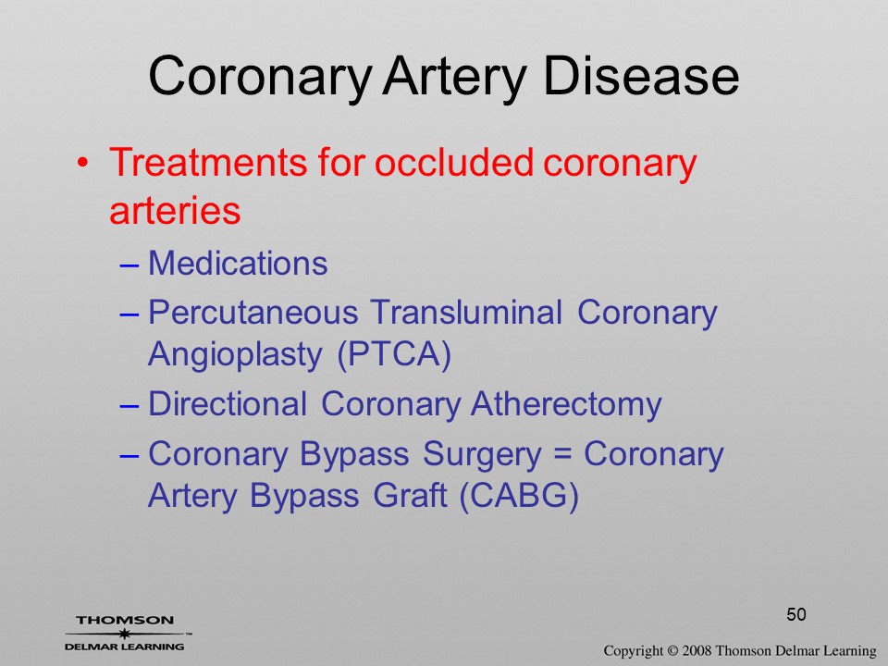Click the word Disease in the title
click(640, 76)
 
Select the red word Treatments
click(208, 163)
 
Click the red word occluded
click(454, 163)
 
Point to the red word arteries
click(175, 210)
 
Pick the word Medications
click(238, 264)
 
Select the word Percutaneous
click(253, 314)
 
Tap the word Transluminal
click(466, 312)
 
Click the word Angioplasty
click(235, 356)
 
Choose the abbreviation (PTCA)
click(394, 355)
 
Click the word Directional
click(228, 404)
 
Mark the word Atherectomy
click(566, 405)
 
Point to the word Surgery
click(482, 456)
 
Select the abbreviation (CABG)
click(519, 497)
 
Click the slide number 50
click(796, 614)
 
